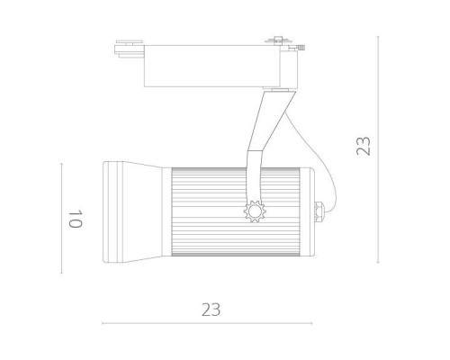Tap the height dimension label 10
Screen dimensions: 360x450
coord(75,219)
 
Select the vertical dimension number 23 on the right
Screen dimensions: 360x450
coord(363,147)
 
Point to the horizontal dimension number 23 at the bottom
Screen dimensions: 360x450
coord(210,310)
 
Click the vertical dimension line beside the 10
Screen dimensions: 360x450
coord(61,219)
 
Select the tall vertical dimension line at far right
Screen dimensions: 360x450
coord(378,148)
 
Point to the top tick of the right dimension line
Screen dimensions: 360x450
coord(378,37)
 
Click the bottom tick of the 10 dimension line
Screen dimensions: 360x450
coord(61,274)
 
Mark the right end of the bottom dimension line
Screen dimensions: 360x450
coord(317,322)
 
